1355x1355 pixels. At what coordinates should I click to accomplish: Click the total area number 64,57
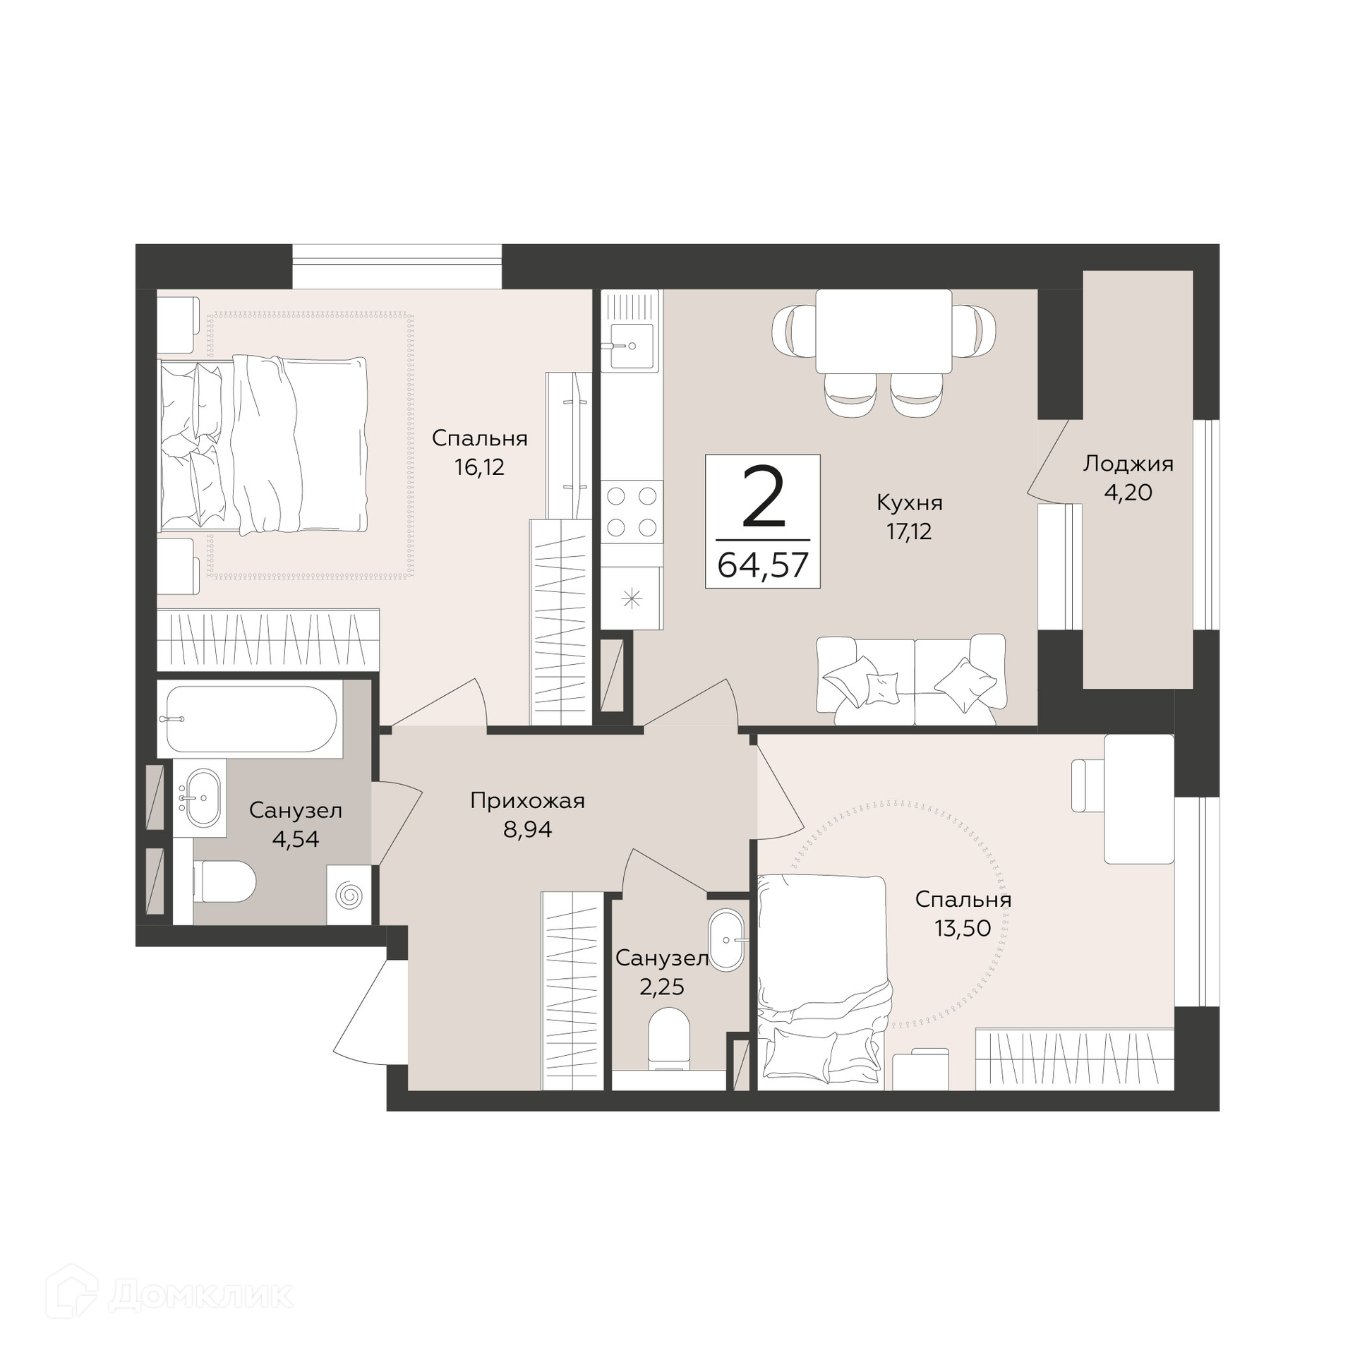[763, 565]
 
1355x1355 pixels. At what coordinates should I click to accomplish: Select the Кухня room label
[910, 503]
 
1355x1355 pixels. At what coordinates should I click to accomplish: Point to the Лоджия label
[1128, 465]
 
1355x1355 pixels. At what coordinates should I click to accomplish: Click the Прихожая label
[528, 801]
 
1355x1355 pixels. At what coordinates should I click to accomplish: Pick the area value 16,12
[480, 467]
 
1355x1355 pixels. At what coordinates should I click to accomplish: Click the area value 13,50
[963, 928]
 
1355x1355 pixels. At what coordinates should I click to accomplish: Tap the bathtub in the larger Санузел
[251, 719]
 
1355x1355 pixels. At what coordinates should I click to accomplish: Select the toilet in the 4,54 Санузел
[224, 881]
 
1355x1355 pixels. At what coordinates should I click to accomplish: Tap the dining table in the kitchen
[884, 331]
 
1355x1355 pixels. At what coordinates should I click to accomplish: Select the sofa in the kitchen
[911, 679]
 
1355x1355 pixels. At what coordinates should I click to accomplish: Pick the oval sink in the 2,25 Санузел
[727, 940]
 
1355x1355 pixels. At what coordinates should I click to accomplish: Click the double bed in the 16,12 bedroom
[263, 445]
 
